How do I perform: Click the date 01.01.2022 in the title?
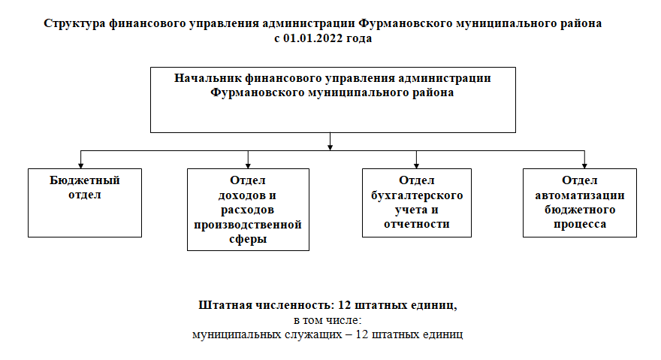312,38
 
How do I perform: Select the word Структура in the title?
74,23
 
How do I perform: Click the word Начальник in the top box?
208,78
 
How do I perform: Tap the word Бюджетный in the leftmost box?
85,180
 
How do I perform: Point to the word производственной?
248,225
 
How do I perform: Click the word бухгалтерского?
416,196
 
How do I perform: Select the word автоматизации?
580,196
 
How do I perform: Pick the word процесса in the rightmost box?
580,225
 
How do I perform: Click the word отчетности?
416,224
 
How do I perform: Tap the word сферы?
248,239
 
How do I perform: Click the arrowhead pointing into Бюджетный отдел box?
81,166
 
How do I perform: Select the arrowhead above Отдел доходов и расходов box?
248,166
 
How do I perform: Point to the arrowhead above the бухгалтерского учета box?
416,166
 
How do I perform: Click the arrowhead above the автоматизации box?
584,166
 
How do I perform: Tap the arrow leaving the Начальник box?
330,141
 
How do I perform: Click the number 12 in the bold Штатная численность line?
345,305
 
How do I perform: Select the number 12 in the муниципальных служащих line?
362,334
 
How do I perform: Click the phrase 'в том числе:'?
327,320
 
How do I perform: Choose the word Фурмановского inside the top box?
257,93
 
